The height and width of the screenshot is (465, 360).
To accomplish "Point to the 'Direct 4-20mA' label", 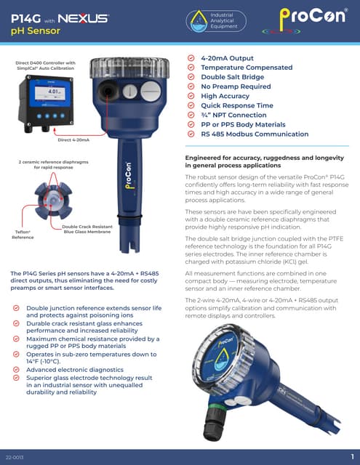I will [74, 139].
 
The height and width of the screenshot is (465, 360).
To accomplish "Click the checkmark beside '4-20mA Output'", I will [191, 57].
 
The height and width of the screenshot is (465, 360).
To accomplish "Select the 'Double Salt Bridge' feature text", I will [232, 76].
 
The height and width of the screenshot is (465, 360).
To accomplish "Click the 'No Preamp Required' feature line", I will [235, 86].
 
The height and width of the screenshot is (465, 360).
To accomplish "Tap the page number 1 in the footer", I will [351, 456].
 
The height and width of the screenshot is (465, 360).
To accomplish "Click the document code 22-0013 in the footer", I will [14, 456].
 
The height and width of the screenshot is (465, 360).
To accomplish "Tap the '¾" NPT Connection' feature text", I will [233, 115].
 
